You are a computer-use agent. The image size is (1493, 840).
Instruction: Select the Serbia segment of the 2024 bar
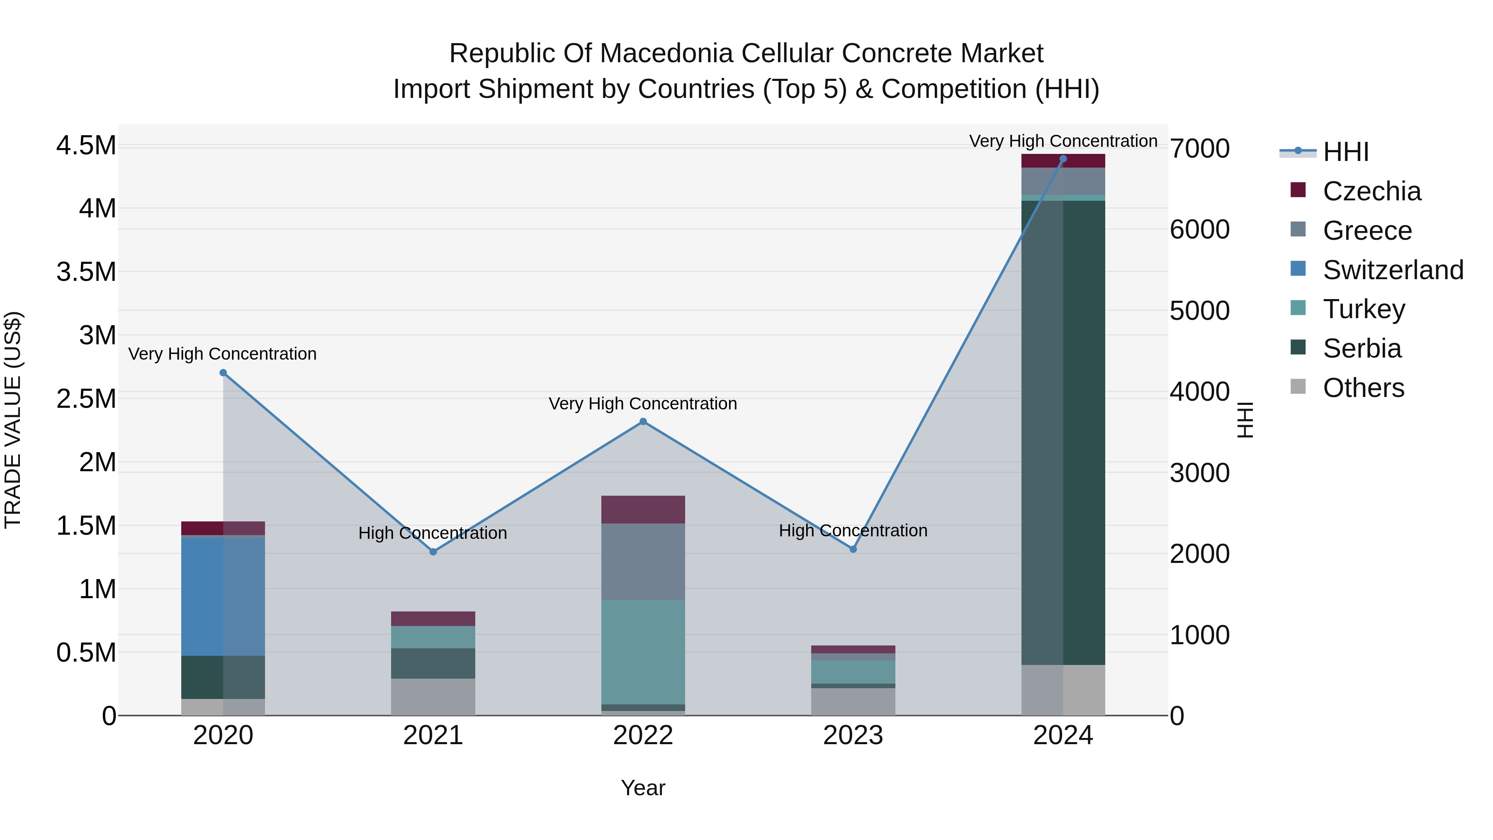[x=1063, y=432]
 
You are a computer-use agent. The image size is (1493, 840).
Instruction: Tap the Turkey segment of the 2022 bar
[x=643, y=652]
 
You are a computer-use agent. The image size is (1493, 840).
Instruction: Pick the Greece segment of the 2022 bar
[x=643, y=561]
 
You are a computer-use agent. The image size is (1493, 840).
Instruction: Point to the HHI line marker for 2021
[x=433, y=552]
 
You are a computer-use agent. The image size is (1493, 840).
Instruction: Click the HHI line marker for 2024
[x=1063, y=159]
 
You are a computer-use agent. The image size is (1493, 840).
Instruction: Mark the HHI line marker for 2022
[x=643, y=421]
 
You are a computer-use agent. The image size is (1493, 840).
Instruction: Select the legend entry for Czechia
[x=1371, y=191]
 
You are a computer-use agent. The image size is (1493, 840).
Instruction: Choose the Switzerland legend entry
[x=1393, y=270]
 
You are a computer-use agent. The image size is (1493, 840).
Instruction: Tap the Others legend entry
[x=1363, y=388]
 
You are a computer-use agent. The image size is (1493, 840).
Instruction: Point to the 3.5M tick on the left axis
[x=86, y=272]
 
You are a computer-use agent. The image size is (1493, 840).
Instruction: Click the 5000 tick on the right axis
[x=1199, y=311]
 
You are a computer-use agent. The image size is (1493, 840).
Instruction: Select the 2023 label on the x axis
[x=853, y=735]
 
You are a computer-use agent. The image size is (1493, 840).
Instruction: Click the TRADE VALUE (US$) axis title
[x=13, y=420]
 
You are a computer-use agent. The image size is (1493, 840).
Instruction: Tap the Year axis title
[x=643, y=788]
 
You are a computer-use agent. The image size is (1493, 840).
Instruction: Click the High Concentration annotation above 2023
[x=853, y=531]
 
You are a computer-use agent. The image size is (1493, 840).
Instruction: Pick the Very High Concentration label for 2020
[x=223, y=353]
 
